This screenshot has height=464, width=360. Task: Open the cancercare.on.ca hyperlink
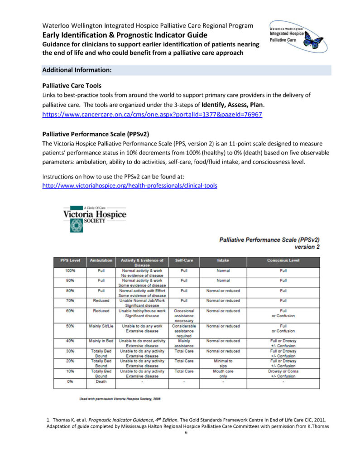click(152, 115)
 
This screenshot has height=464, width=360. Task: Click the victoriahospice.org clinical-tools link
click(130, 185)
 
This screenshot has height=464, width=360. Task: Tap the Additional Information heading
click(77, 70)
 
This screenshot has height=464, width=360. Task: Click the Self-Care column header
click(184, 261)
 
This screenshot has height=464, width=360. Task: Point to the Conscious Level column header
click(283, 261)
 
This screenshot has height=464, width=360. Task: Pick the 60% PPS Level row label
click(70, 311)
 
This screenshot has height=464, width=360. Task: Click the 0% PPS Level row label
click(70, 381)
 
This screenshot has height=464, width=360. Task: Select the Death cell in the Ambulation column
click(101, 381)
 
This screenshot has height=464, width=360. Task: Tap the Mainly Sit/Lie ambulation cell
click(101, 326)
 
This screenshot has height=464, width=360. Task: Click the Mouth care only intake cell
click(223, 373)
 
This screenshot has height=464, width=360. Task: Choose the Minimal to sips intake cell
click(223, 363)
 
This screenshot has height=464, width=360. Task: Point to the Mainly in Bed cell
click(101, 341)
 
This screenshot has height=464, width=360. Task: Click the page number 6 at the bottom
click(186, 432)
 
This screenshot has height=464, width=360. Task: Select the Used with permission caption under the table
click(120, 398)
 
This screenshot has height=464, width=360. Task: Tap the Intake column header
click(223, 261)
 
